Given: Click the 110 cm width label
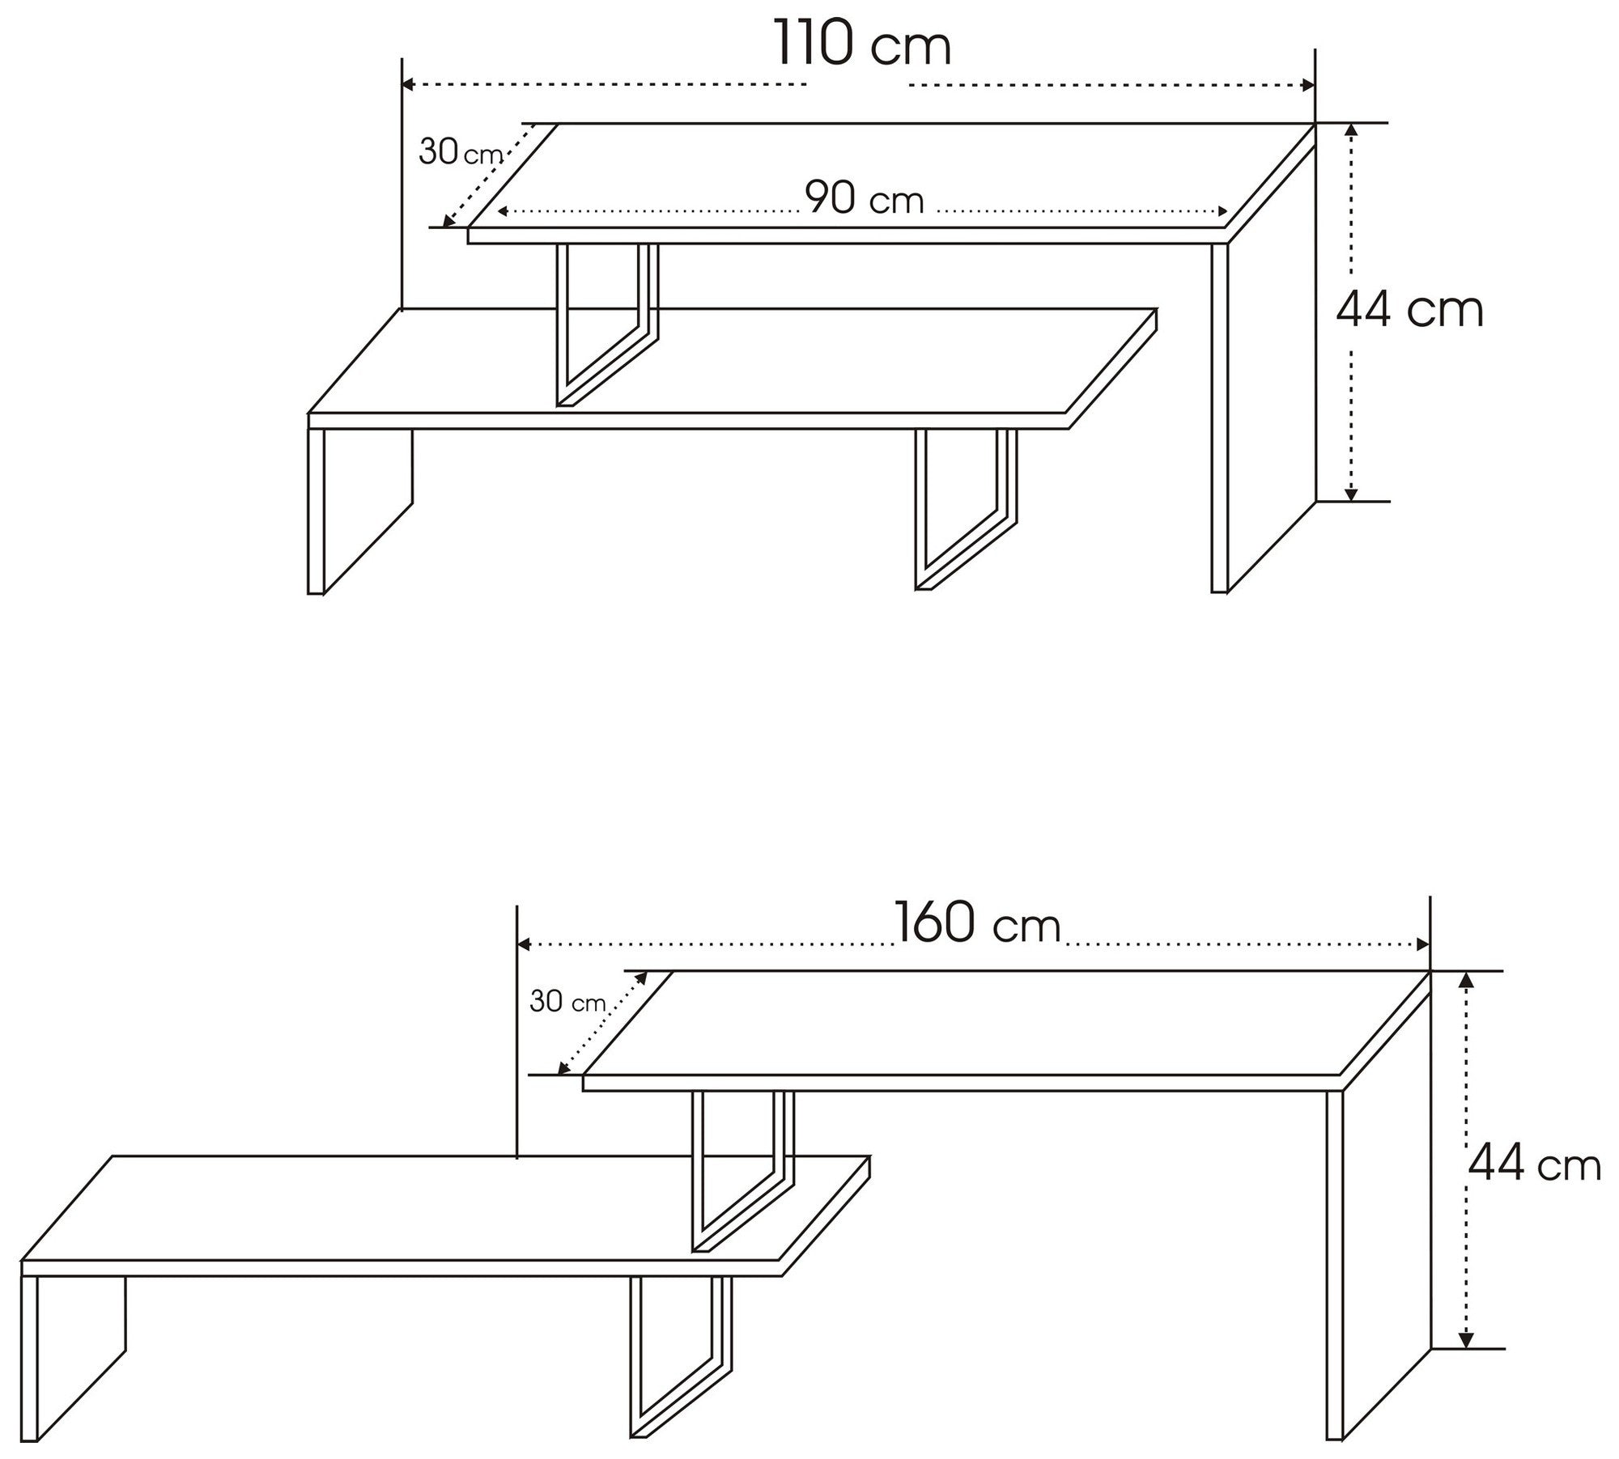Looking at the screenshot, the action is [x=863, y=45].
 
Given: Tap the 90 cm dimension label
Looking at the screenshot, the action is [x=865, y=198].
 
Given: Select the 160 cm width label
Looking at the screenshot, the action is [x=977, y=923].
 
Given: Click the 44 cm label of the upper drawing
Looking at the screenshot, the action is [x=1410, y=310].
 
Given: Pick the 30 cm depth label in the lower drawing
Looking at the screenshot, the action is [x=567, y=1002].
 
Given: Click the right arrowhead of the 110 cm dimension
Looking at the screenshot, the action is [x=1307, y=84].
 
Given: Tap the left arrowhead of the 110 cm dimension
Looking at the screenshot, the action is [x=410, y=84].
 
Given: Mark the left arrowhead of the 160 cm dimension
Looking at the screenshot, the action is [x=524, y=944].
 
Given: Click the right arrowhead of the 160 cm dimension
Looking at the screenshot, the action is [x=1421, y=944].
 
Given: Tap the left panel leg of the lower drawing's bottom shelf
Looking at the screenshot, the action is [x=73, y=1359].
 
